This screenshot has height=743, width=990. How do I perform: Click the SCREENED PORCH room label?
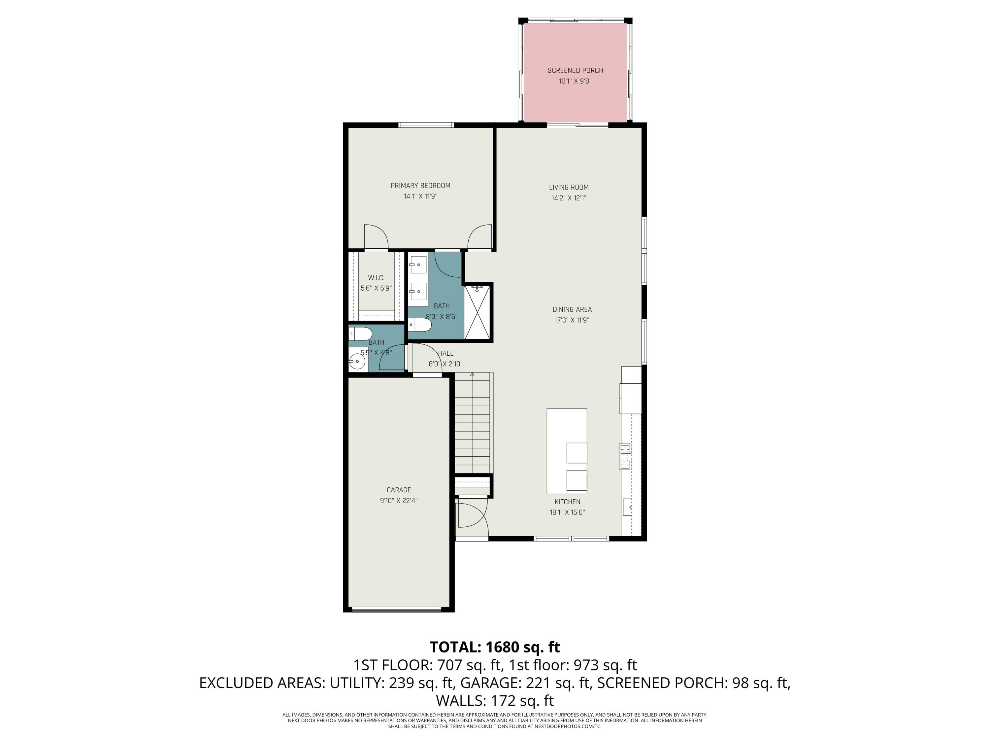click(x=575, y=70)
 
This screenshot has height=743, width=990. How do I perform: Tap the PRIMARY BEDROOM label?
click(x=420, y=185)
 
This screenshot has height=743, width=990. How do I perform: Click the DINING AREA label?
click(x=572, y=309)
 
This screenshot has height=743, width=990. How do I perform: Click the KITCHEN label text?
click(x=567, y=502)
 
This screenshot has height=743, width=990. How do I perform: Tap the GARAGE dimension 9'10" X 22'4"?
click(x=398, y=501)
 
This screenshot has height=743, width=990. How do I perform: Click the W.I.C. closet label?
click(x=376, y=278)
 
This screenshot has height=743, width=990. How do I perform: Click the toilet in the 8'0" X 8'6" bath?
click(x=420, y=325)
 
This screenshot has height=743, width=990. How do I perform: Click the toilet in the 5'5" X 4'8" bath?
click(x=360, y=334)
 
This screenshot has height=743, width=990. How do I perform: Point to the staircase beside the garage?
click(x=474, y=423)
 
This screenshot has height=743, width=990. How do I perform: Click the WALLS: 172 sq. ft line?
click(x=495, y=700)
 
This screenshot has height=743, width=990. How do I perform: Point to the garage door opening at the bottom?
click(x=397, y=610)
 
